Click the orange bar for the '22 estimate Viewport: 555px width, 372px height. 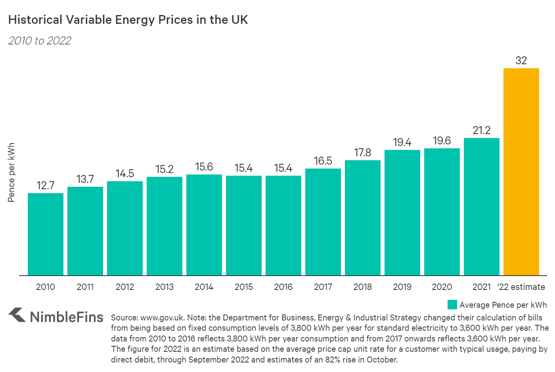pyautogui.click(x=521, y=172)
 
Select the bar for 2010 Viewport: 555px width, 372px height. pyautogui.click(x=46, y=234)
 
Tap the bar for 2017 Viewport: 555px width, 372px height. pyautogui.click(x=323, y=222)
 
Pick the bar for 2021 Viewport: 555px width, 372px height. pyautogui.click(x=481, y=207)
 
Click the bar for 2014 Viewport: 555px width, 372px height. pyautogui.click(x=204, y=225)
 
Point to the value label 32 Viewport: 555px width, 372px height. pyautogui.click(x=521, y=61)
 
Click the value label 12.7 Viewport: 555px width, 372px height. pyautogui.click(x=46, y=186)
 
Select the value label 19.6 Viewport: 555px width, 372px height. pyautogui.click(x=442, y=141)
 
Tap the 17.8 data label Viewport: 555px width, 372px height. pyautogui.click(x=362, y=153)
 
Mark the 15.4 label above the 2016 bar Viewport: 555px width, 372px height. pyautogui.click(x=283, y=168)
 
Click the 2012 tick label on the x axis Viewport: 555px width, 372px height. pyautogui.click(x=125, y=287)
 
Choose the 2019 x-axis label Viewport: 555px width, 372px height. pyautogui.click(x=402, y=287)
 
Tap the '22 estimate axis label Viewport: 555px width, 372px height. pyautogui.click(x=521, y=287)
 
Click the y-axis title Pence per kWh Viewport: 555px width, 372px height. pyautogui.click(x=11, y=173)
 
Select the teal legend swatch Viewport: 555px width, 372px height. pyautogui.click(x=452, y=305)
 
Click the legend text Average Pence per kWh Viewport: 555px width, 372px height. pyautogui.click(x=503, y=305)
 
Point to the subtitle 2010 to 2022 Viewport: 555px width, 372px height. pyautogui.click(x=40, y=41)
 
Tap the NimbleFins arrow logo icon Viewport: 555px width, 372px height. pyautogui.click(x=17, y=315)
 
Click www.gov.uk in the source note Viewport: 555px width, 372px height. pyautogui.click(x=162, y=318)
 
